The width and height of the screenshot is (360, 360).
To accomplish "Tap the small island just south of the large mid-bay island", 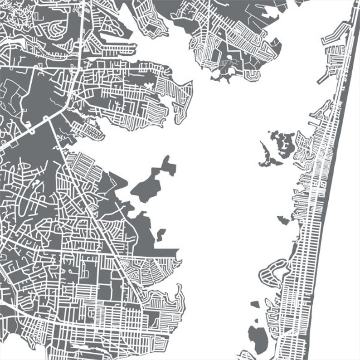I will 161,234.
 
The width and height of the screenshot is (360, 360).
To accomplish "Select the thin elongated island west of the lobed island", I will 264,154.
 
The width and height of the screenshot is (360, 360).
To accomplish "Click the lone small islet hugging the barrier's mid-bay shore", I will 284,220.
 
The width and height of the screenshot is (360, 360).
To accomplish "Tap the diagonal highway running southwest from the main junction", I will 27,131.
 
